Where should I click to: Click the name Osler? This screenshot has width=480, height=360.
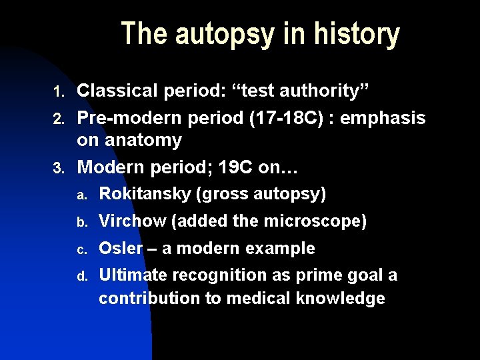click(121, 249)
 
